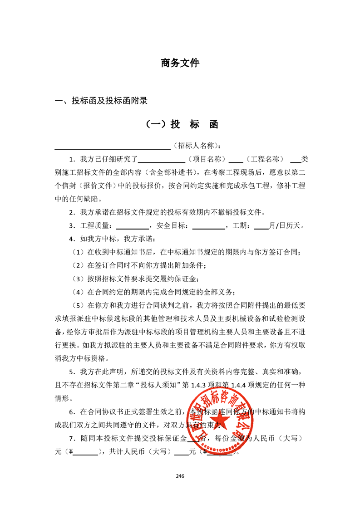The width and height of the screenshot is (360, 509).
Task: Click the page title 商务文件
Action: coord(180,63)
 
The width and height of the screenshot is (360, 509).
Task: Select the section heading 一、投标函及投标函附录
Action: coord(101,101)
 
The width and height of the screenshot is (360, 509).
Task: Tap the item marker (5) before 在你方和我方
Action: coord(79,304)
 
